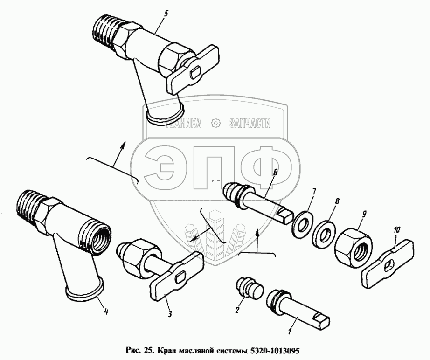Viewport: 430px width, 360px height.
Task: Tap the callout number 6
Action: pos(275,172)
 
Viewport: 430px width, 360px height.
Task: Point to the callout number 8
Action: pos(337,201)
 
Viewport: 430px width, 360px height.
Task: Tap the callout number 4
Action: pos(106,312)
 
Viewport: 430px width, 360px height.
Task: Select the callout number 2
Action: pos(237,310)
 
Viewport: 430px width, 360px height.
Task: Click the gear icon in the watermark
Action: pos(215,124)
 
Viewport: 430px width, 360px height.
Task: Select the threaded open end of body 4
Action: pos(96,239)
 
